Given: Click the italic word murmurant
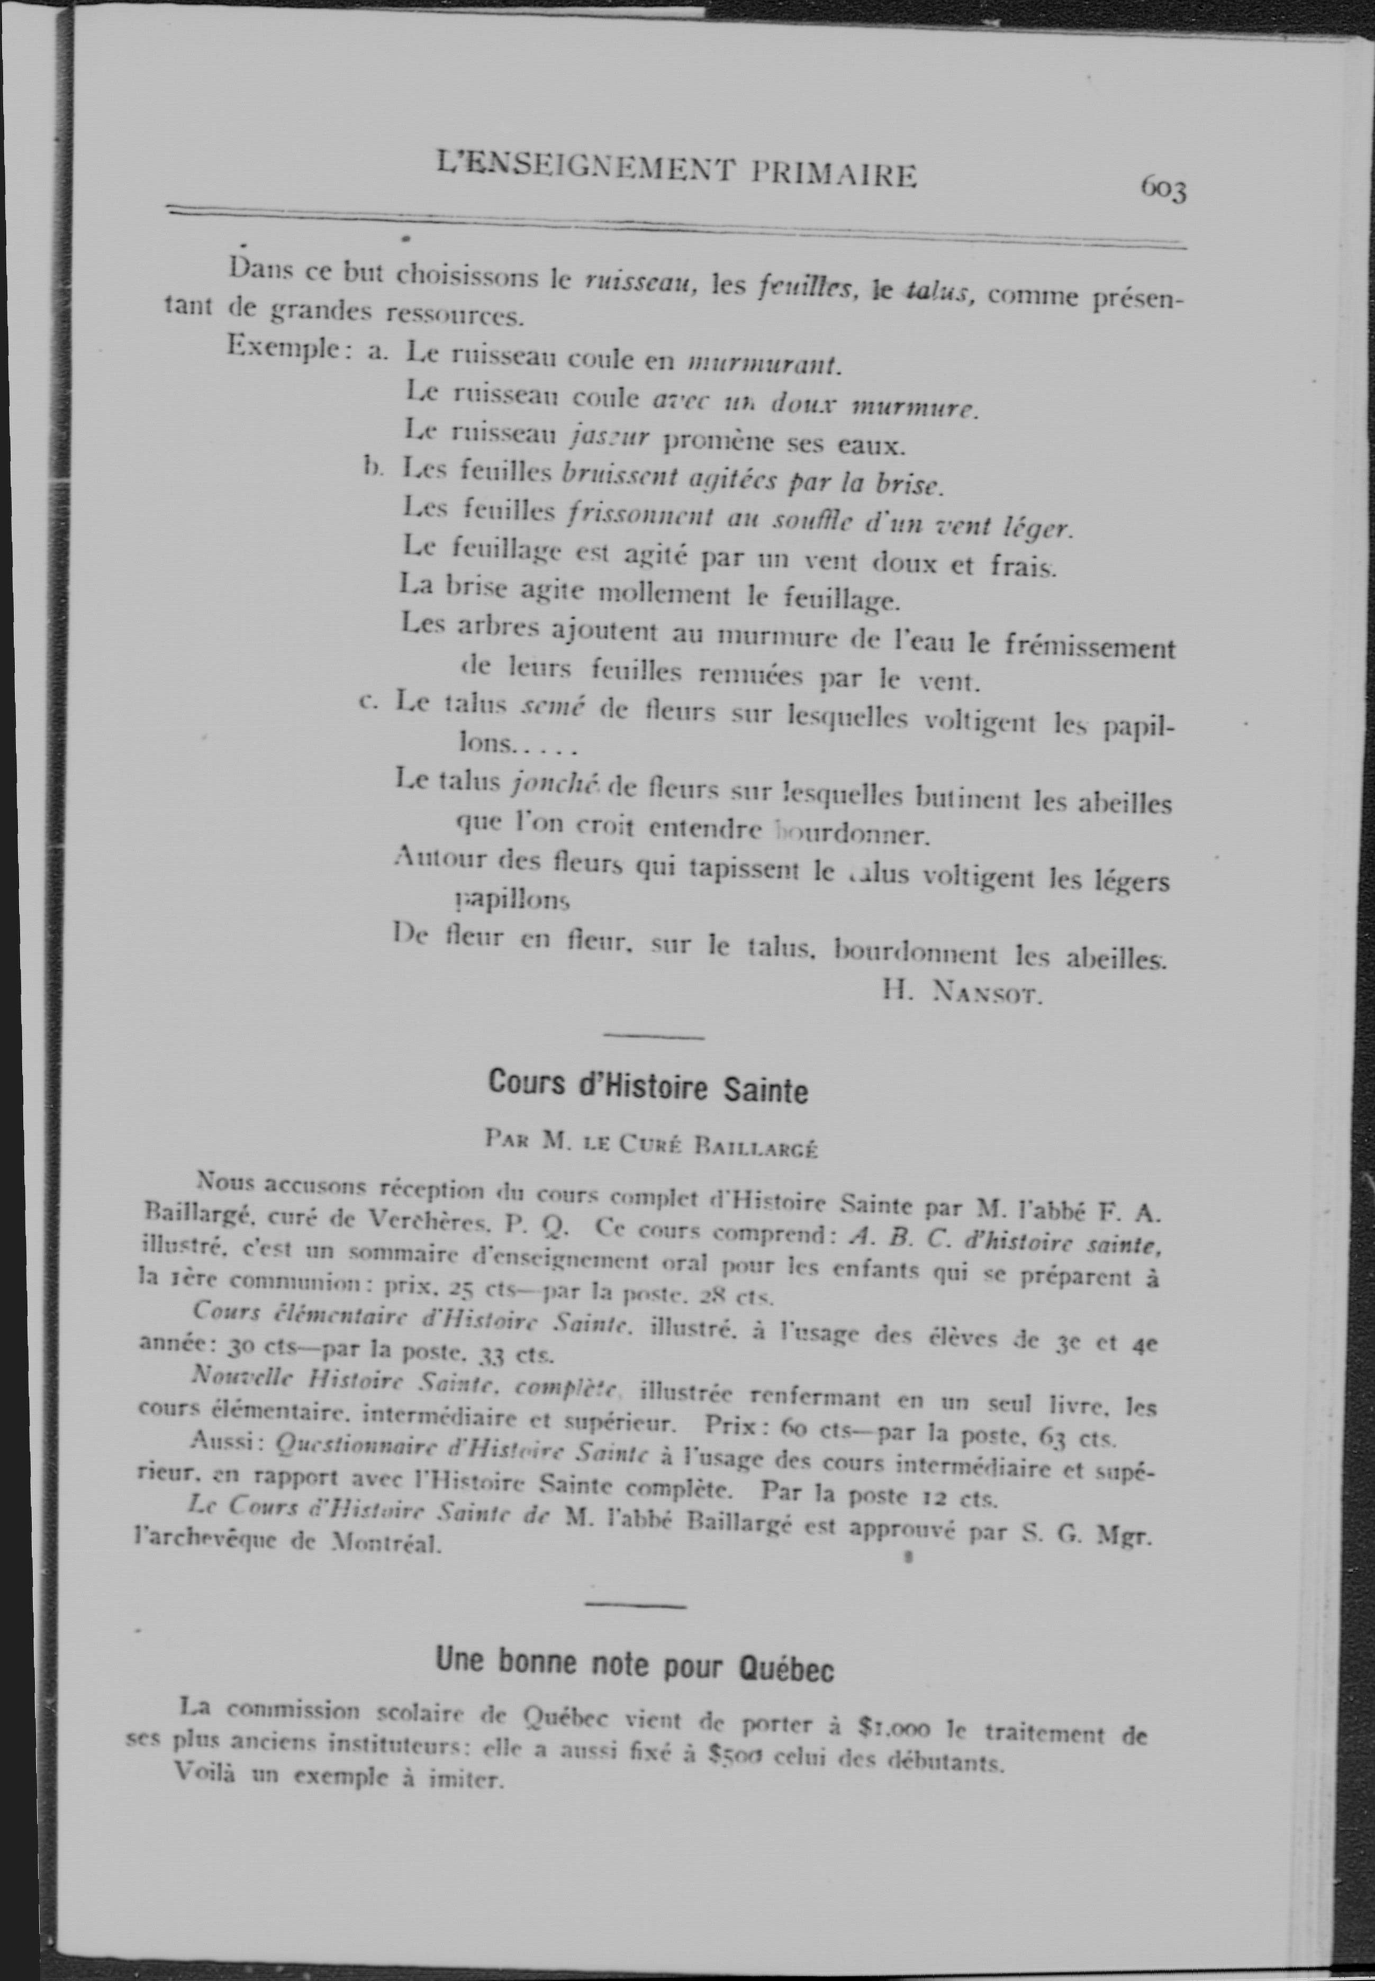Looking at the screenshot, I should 763,364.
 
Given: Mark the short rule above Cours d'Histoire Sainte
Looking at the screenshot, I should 654,1036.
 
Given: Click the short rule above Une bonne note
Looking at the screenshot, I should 635,1605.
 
